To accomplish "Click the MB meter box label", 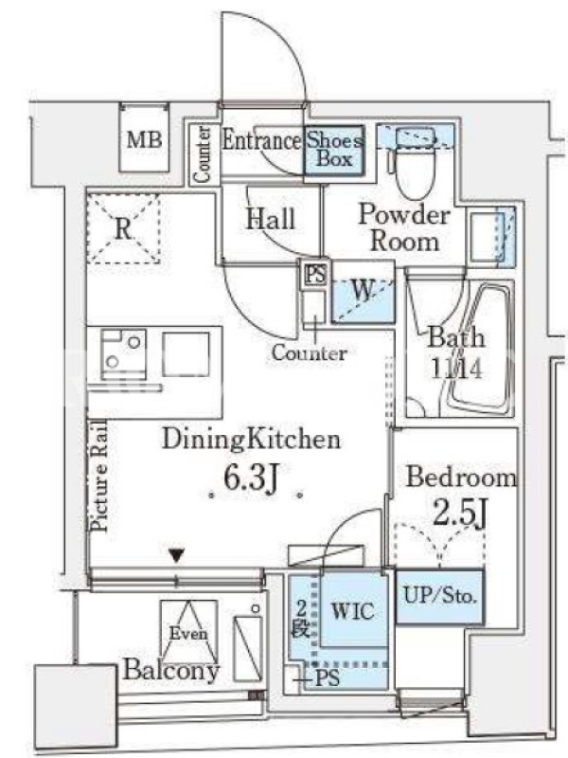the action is [144, 139].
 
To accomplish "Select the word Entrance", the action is [261, 140].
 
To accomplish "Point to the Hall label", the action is [271, 219].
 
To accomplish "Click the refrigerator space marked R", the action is [123, 228].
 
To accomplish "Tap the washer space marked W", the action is [363, 292].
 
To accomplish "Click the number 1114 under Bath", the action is [456, 369].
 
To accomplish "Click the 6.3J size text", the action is [252, 478].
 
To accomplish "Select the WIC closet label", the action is [352, 611].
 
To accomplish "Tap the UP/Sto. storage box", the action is [440, 597].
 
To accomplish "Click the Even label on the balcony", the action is [188, 633].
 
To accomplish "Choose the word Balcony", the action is [171, 670].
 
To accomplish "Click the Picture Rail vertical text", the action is [99, 477].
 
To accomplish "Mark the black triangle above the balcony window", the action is [177, 555].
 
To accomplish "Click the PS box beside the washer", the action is [315, 275].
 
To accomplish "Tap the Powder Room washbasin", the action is [491, 236].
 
